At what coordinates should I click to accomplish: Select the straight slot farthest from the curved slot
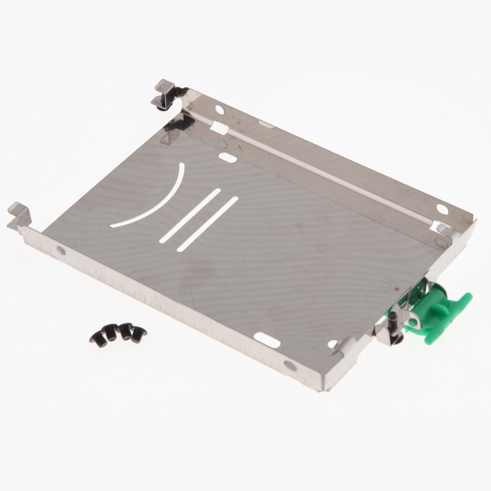pos(207,224)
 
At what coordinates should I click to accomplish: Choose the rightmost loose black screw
pos(140,331)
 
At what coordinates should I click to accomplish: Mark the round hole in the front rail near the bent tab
pos(61,250)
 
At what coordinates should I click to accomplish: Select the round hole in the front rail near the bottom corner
pos(290,365)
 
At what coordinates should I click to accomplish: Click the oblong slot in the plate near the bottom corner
pos(267,339)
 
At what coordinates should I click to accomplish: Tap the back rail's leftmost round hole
pos(220,110)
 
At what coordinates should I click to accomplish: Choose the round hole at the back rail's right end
pos(443,210)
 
